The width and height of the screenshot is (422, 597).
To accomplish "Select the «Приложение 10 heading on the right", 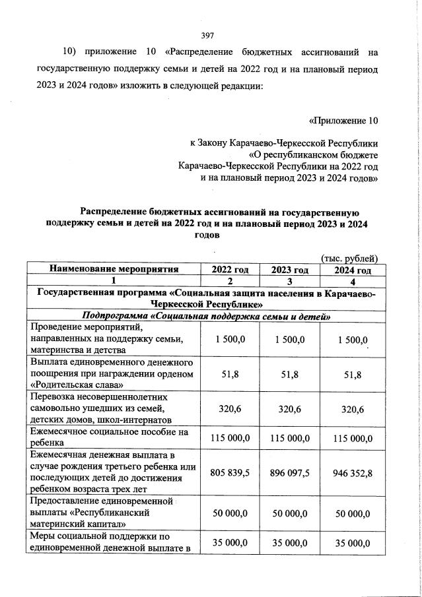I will pyautogui.click(x=343, y=121).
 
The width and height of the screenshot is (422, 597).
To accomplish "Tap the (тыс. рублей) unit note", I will pyautogui.click(x=349, y=258).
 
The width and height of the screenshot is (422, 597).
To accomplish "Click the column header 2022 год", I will pyautogui.click(x=230, y=269).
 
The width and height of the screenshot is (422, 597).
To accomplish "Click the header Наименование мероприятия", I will pyautogui.click(x=114, y=269).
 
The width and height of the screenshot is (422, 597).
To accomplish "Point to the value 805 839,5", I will pyautogui.click(x=230, y=472).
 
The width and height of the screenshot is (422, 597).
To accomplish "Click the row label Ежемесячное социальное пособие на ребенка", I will pyautogui.click(x=106, y=438).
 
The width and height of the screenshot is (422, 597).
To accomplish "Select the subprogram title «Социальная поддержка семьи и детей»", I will pyautogui.click(x=205, y=317).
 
